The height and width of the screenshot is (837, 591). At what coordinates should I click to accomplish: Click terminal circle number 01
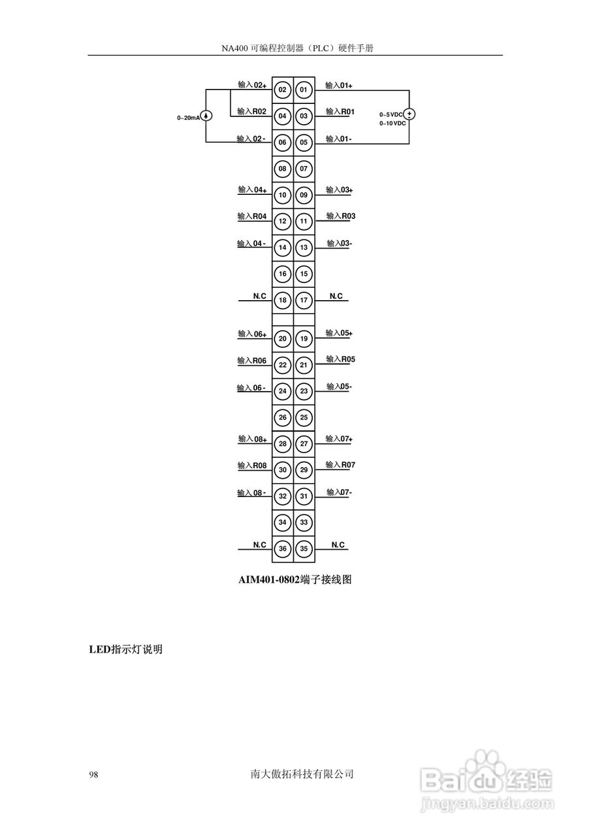pos(304,90)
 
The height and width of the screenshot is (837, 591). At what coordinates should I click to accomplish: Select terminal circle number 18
pos(283,301)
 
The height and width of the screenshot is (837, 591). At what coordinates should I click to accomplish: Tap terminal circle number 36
pos(283,549)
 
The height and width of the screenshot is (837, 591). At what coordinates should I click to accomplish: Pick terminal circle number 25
pos(304,417)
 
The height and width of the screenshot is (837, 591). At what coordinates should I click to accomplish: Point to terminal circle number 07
pos(304,169)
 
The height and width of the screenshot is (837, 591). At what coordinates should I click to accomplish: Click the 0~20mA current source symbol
pos(206,116)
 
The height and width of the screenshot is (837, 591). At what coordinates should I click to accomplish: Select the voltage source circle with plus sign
pos(409,114)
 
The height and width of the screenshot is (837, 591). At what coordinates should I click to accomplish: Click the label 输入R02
pos(251,112)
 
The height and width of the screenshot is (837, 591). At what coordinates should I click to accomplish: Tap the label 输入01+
pos(339,86)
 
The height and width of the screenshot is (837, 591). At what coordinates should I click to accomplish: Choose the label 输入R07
pos(340,465)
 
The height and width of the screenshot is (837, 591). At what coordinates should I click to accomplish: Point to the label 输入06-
pos(251,388)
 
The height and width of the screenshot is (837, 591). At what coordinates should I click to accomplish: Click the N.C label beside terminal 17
pos(336,296)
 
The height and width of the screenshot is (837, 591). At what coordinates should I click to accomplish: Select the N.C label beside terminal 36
pos(260,545)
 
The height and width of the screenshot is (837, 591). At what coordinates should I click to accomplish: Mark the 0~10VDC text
pos(392,123)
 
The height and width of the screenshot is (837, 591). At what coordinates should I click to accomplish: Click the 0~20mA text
pos(187,118)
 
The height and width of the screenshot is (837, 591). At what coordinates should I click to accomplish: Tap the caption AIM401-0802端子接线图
pos(295,579)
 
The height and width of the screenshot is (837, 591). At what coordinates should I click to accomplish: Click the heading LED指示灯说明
pos(125,650)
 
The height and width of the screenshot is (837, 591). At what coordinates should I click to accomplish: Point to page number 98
pos(93,775)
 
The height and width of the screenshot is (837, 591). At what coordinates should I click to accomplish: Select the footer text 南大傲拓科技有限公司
pos(302,774)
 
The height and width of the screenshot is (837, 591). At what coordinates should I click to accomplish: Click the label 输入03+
pos(340,190)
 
